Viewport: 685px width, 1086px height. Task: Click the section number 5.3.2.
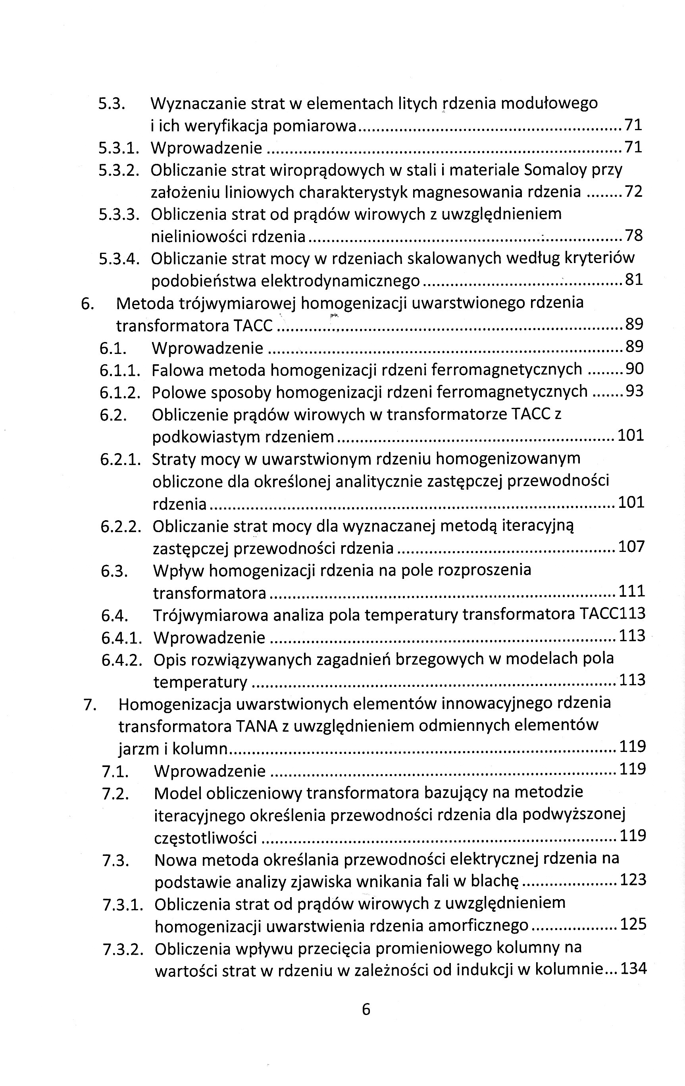point(119,170)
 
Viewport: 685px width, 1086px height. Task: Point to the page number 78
point(633,235)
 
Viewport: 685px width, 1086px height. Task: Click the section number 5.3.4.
point(119,258)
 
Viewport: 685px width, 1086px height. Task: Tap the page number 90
point(635,369)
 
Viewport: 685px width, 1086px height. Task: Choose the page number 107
point(631,547)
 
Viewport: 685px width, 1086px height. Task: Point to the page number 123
point(633,879)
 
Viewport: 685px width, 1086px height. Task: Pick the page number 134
point(633,968)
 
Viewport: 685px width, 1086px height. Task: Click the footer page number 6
point(366,1009)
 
